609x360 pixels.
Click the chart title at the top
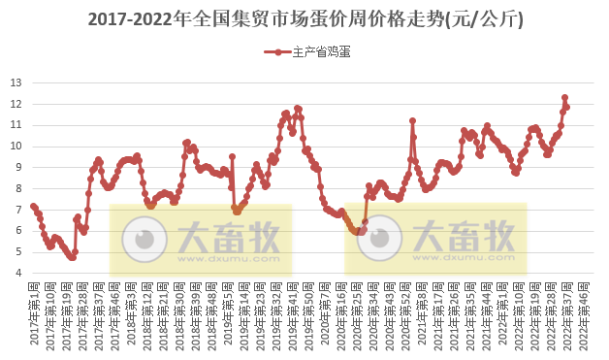[304, 18]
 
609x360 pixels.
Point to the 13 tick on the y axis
[16, 82]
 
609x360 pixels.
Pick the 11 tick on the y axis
[16, 124]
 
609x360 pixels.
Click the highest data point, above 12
[564, 98]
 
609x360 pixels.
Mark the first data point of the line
[33, 206]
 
